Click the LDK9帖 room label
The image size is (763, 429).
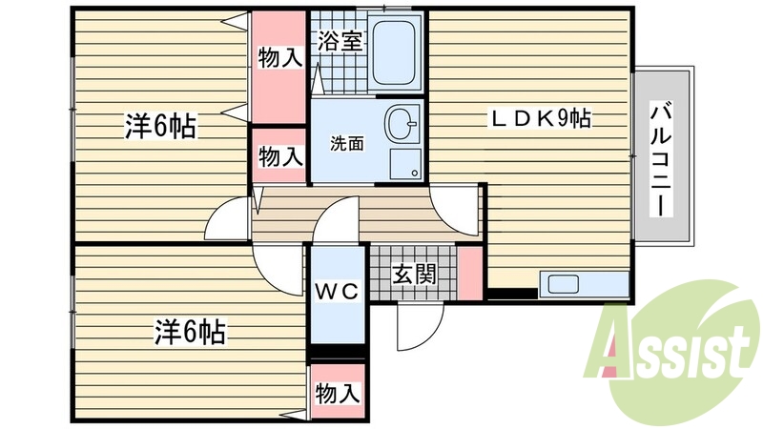click(541, 119)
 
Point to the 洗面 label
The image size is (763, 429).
click(347, 144)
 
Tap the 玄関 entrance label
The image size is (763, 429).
click(414, 276)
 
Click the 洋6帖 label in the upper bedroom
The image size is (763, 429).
click(160, 126)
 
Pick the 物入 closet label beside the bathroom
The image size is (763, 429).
click(279, 57)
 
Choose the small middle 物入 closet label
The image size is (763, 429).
click(279, 157)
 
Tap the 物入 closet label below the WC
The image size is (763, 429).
click(337, 392)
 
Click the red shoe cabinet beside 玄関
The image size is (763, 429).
click(469, 273)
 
